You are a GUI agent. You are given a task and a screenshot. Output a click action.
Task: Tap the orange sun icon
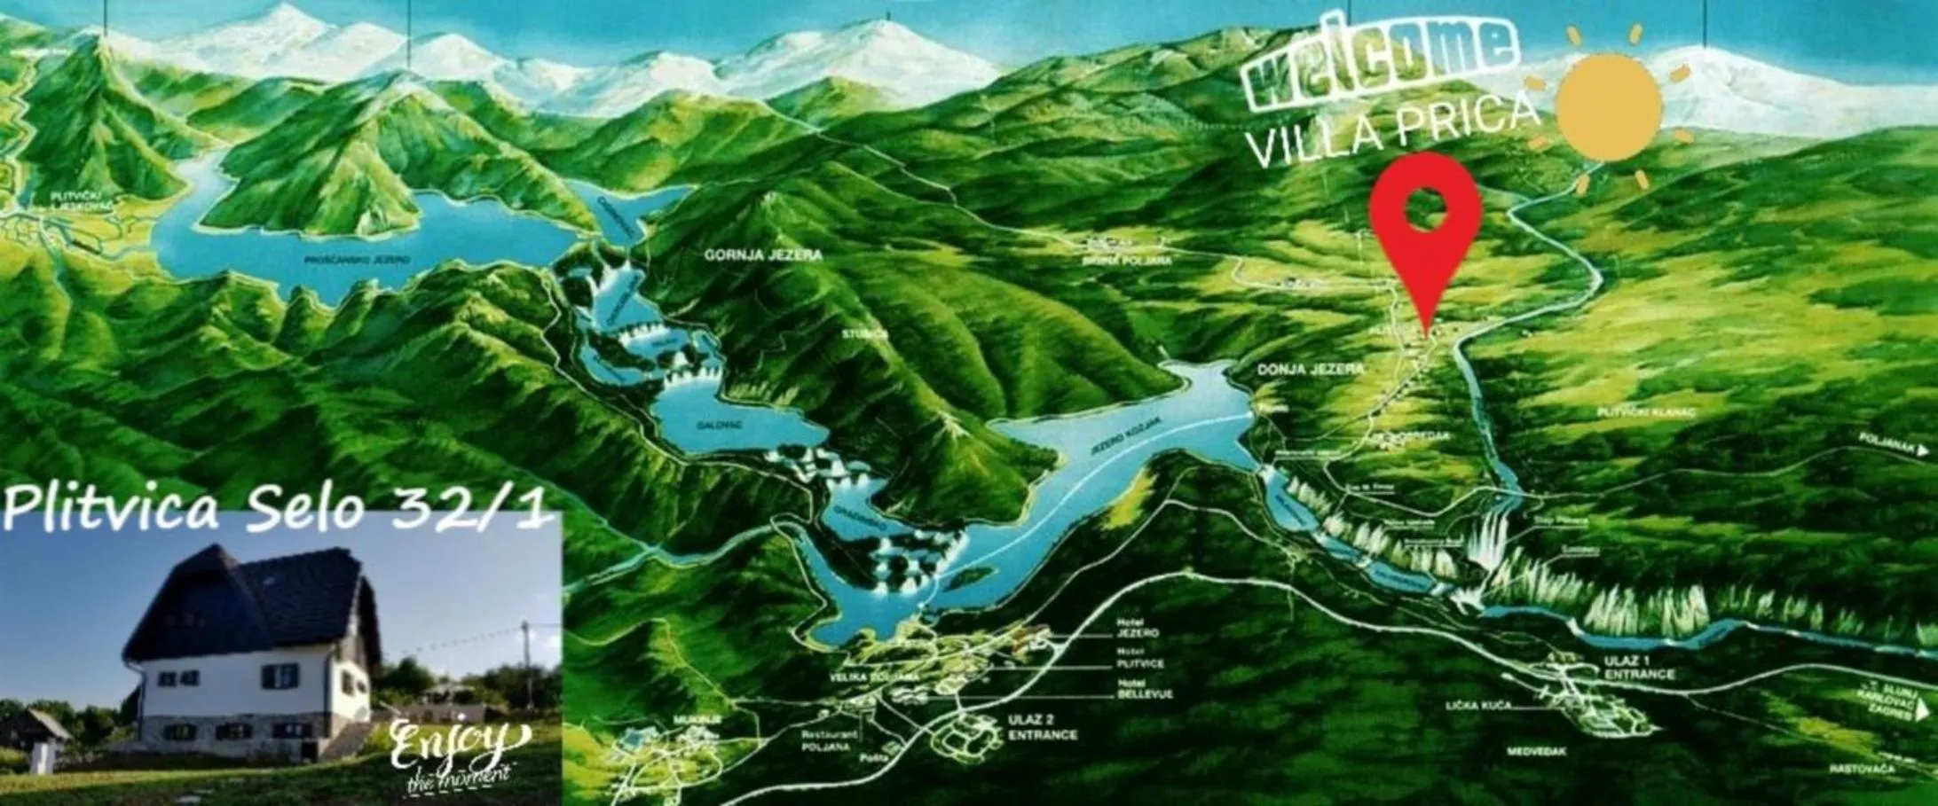tap(1609, 106)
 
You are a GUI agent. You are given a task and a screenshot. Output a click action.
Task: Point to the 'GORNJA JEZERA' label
tap(763, 255)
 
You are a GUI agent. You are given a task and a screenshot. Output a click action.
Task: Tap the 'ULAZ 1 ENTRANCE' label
tap(1638, 668)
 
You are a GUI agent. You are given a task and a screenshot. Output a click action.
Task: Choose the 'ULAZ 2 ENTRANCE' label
tap(1042, 727)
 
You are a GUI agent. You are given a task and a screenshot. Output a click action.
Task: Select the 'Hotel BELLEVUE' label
tap(1145, 689)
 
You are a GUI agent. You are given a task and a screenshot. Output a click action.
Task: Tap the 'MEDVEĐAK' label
tap(1536, 752)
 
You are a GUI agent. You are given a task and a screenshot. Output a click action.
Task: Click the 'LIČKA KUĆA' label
tap(1477, 706)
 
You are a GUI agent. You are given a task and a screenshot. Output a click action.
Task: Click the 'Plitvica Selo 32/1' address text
tap(275, 510)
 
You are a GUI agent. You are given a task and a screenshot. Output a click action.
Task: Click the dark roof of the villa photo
tap(257, 590)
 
